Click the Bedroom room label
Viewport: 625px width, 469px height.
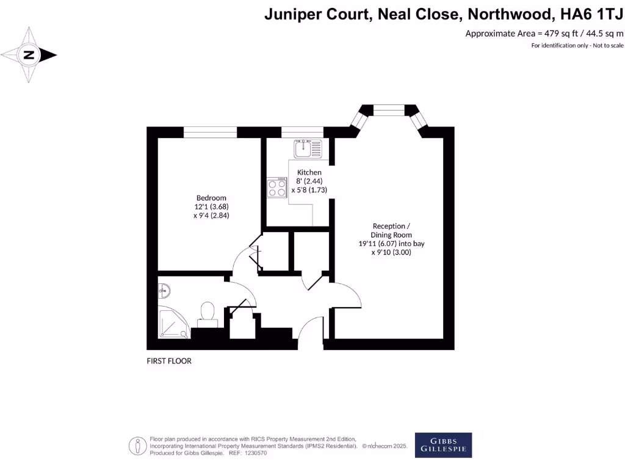pyautogui.click(x=211, y=198)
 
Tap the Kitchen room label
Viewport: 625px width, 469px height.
pyautogui.click(x=309, y=172)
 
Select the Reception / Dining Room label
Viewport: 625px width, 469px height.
pyautogui.click(x=391, y=230)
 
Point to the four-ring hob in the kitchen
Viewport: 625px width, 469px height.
pyautogui.click(x=276, y=187)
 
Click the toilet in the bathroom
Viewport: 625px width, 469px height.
pyautogui.click(x=208, y=311)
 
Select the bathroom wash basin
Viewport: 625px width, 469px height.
pyautogui.click(x=164, y=289)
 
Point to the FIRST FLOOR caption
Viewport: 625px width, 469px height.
pyautogui.click(x=169, y=361)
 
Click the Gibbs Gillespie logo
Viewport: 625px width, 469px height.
pyautogui.click(x=443, y=445)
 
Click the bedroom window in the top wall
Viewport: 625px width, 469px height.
pyautogui.click(x=210, y=132)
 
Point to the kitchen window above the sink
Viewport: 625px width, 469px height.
pyautogui.click(x=302, y=132)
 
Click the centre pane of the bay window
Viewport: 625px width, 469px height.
pyautogui.click(x=389, y=110)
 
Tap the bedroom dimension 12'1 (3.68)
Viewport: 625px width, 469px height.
pyautogui.click(x=211, y=206)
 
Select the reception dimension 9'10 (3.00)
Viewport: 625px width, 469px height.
pyautogui.click(x=391, y=252)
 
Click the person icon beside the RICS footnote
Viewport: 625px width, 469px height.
pyautogui.click(x=138, y=446)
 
